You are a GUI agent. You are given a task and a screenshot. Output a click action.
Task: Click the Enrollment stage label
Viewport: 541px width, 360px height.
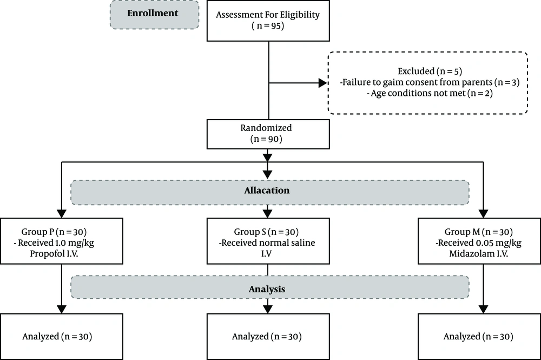point(153,13)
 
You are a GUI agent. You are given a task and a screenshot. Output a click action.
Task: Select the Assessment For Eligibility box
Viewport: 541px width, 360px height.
point(268,21)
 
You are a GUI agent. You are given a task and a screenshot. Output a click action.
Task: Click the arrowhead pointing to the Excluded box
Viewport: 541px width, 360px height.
point(323,83)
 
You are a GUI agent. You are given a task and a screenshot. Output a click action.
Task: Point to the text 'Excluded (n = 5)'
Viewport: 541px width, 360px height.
point(430,71)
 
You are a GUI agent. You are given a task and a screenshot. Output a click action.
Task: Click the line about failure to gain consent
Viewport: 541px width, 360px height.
point(430,82)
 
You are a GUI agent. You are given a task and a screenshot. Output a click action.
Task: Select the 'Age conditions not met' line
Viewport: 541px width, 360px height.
point(430,93)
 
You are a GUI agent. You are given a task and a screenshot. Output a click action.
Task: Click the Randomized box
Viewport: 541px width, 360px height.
point(268,134)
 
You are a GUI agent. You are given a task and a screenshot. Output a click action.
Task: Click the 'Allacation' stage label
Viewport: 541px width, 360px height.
point(267,191)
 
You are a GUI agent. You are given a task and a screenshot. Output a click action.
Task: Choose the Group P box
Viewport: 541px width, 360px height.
point(62,241)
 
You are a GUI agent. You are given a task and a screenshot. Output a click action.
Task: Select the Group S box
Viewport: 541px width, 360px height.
point(268,241)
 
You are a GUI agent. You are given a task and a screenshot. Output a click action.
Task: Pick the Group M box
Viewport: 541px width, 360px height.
point(479,241)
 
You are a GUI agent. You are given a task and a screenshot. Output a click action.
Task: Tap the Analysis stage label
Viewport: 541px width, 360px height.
point(267,289)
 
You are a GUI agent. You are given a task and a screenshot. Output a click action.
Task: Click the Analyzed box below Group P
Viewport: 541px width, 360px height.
point(62,337)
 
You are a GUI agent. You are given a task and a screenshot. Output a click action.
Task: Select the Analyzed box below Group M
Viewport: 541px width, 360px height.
point(479,337)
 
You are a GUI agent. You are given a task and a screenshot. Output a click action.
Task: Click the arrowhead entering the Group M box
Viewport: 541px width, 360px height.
point(483,214)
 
